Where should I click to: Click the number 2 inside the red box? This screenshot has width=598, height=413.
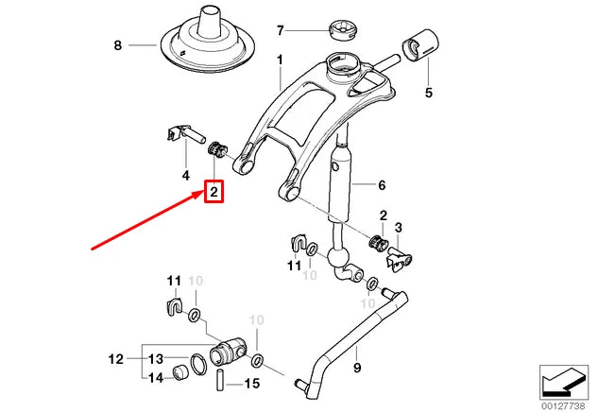[x=214, y=193]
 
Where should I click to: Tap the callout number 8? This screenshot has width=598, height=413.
[x=118, y=45]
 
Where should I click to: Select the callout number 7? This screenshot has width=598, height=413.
[x=280, y=30]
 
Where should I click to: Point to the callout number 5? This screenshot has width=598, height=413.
[x=428, y=93]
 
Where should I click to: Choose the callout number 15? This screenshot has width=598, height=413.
[x=251, y=384]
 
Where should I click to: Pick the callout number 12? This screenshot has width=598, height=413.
[x=115, y=359]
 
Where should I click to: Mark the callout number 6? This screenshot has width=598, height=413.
[x=383, y=185]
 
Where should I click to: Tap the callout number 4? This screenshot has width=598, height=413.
[x=186, y=175]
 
